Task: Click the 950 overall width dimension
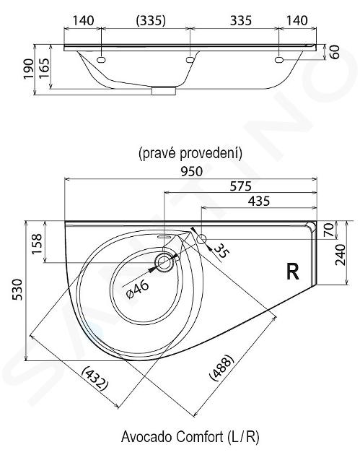tap(192, 171)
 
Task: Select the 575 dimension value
tap(240, 186)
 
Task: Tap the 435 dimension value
tap(259, 201)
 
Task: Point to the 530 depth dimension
tap(18, 290)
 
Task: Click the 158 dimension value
tap(37, 244)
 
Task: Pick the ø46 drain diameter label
tap(138, 290)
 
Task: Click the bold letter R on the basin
tap(293, 272)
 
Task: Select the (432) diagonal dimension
tap(95, 378)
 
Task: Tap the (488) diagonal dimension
tap(221, 368)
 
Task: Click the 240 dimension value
tap(341, 254)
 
